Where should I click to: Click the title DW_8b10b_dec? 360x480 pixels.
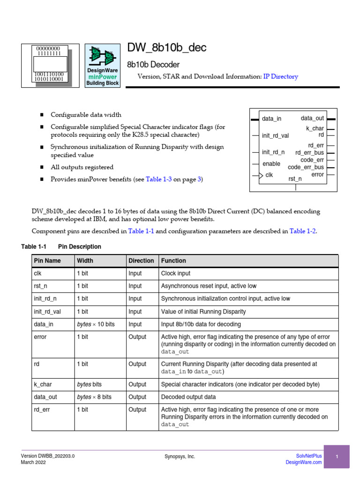[166, 48]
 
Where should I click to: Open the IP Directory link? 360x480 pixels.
[280, 76]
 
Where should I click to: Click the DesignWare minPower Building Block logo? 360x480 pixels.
[102, 66]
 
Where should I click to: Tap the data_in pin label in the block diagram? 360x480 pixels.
[271, 119]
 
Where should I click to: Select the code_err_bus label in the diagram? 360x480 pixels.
[306, 167]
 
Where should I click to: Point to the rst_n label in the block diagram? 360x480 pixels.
[295, 179]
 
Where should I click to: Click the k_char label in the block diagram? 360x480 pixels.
[315, 128]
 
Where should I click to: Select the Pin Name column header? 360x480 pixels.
[47, 261]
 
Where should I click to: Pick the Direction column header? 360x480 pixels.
[141, 261]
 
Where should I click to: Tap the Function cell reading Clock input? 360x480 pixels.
[176, 273]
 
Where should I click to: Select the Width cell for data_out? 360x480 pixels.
[94, 397]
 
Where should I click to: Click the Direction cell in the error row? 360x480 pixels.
[137, 337]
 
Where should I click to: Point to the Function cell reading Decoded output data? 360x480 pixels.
[188, 397]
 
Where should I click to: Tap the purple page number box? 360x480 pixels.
[337, 457]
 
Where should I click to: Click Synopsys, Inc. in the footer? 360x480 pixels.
[180, 457]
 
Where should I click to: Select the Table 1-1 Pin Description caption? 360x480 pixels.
[61, 247]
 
